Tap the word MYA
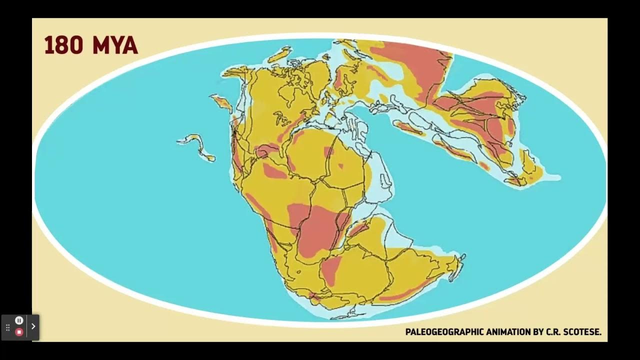pos(114,45)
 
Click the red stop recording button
pos(19,332)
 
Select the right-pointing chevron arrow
pos(33,326)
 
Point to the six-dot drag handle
pos(7,327)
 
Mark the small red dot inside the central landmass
pos(341,165)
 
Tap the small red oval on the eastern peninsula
pos(483,165)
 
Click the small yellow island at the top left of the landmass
pos(279,54)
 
